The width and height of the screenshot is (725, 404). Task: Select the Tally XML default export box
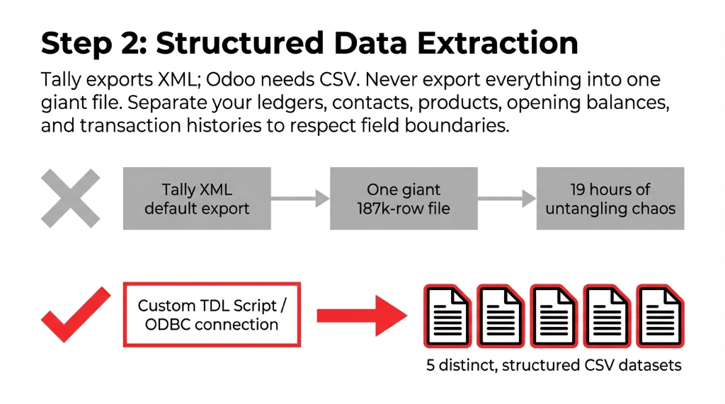(197, 199)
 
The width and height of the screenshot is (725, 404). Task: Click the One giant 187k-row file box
(404, 199)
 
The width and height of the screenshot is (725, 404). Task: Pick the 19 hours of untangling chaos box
(610, 199)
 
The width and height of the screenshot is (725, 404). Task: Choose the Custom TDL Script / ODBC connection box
(212, 315)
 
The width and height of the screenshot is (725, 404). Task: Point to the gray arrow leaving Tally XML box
(300, 199)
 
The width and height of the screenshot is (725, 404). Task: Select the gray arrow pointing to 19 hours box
(507, 199)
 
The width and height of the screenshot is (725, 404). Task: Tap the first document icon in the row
(447, 316)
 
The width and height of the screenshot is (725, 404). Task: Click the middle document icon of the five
(554, 316)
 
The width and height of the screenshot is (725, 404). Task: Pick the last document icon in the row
(660, 316)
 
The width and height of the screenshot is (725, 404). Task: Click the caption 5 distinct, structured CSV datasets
(554, 366)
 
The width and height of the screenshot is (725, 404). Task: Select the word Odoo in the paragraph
(239, 79)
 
